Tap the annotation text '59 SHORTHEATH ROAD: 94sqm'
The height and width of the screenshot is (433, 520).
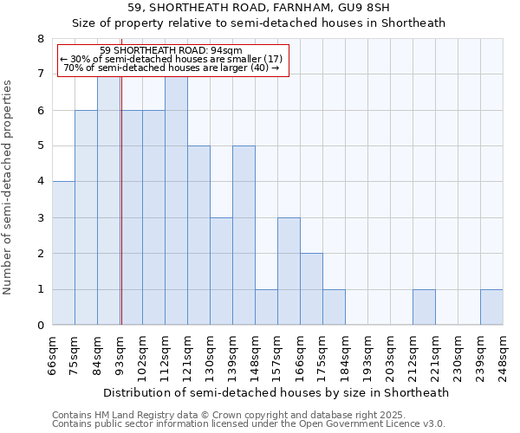click(x=172, y=50)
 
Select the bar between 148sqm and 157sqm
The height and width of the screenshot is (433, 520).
click(x=266, y=307)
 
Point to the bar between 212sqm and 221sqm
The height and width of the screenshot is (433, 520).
click(x=424, y=307)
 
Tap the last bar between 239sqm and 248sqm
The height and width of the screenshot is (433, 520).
click(x=491, y=307)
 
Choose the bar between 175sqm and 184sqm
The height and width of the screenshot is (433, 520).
click(x=334, y=307)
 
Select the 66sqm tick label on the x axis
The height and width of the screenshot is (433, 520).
click(x=52, y=355)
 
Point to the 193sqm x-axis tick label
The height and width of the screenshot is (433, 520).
click(x=367, y=355)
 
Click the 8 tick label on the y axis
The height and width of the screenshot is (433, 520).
click(x=40, y=39)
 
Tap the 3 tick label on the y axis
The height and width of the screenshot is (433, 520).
click(x=40, y=218)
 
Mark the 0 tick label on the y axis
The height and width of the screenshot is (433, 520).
click(x=40, y=326)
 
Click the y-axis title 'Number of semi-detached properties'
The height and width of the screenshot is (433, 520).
click(x=9, y=187)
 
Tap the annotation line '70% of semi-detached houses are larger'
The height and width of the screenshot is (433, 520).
click(x=172, y=68)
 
